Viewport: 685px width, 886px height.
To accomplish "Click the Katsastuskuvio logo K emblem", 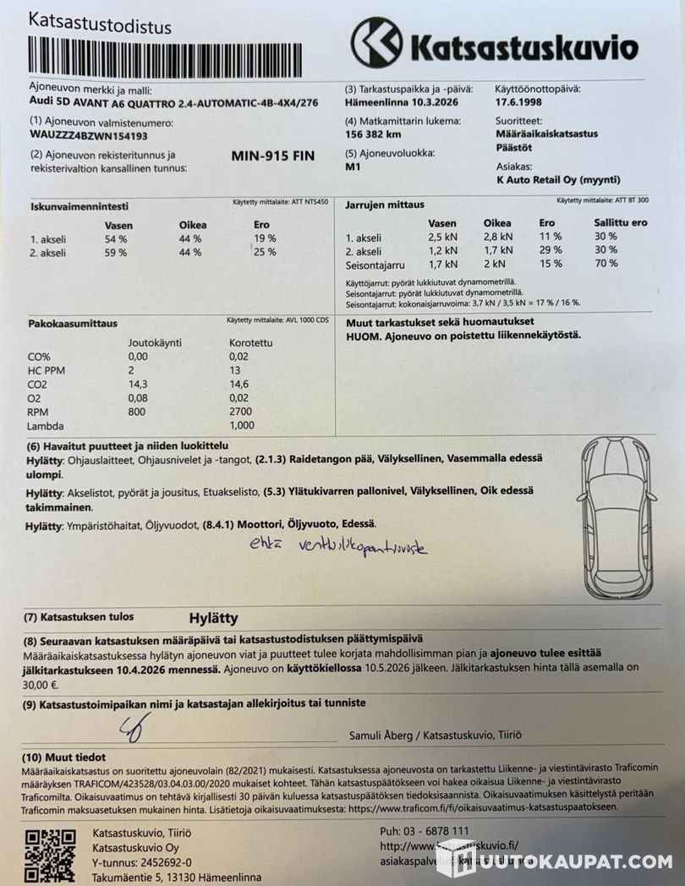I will coord(377,42).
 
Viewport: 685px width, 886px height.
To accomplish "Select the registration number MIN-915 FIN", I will coord(272,156).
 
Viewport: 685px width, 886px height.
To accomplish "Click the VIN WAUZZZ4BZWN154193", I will coord(89,134).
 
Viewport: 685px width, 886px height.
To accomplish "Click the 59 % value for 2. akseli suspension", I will coord(115,252).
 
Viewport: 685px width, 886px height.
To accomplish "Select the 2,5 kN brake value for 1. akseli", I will coord(442,237).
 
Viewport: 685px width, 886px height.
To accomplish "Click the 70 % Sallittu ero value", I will coord(606,264).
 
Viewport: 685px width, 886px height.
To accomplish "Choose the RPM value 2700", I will coord(241,412).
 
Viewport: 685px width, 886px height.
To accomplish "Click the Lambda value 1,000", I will coord(242,425).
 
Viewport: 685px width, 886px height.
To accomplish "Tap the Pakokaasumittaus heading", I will coord(73,323).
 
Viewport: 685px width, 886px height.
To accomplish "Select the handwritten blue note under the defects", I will coord(337,547).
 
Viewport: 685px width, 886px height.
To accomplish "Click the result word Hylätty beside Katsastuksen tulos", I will coord(213,618).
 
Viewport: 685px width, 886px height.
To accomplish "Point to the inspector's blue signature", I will coord(137,726).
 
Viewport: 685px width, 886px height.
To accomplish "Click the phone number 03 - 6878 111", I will coord(439,831).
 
